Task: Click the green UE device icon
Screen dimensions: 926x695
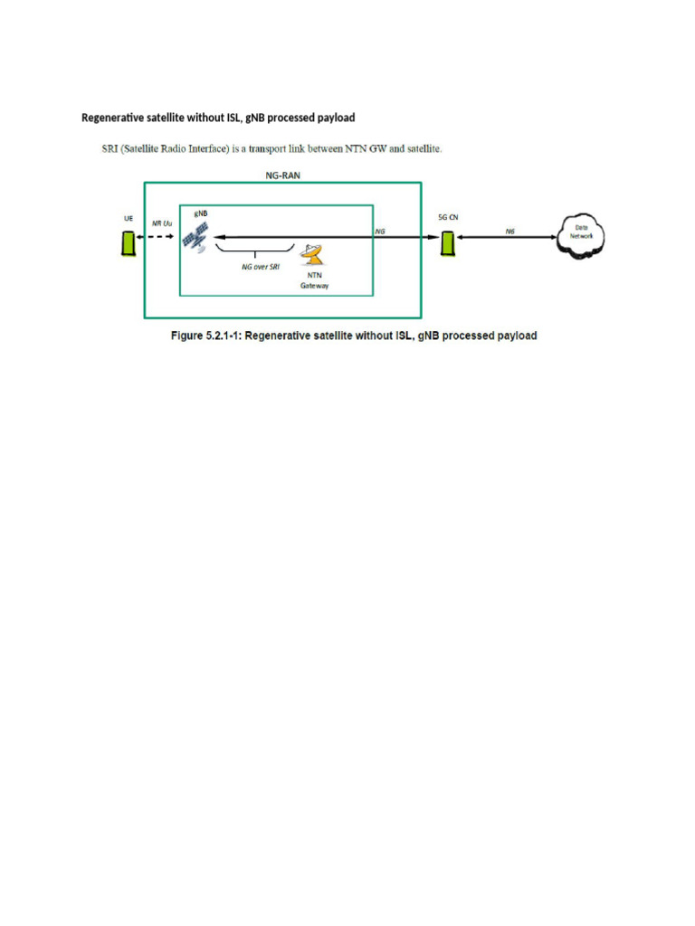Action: [129, 241]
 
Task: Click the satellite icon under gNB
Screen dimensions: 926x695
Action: [195, 236]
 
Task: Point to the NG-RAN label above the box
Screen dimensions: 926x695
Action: [282, 176]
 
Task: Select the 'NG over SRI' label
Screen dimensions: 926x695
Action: [261, 268]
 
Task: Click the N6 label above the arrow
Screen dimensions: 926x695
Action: [510, 231]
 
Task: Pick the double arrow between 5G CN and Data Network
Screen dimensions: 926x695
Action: [509, 238]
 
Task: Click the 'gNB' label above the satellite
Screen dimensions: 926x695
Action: [200, 213]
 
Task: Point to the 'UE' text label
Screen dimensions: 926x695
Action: [129, 218]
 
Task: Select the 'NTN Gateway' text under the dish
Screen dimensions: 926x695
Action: [316, 279]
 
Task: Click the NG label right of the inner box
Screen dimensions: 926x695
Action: [381, 231]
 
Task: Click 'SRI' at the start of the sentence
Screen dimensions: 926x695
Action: [109, 148]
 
